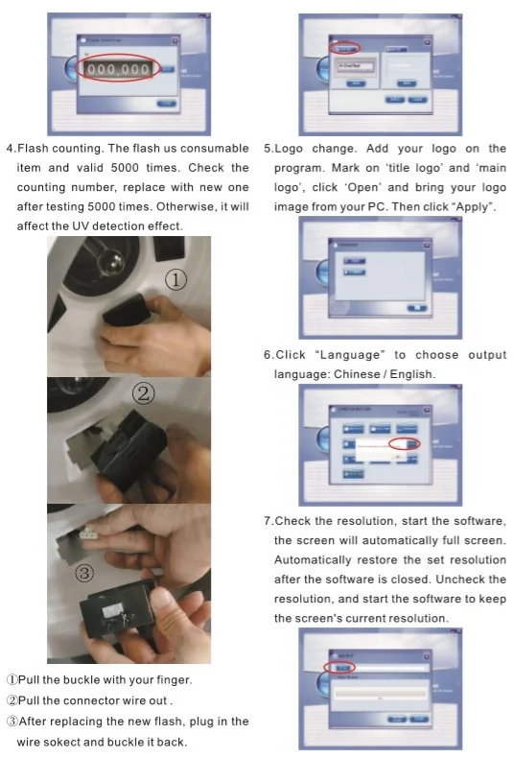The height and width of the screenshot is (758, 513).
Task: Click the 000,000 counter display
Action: coord(118,70)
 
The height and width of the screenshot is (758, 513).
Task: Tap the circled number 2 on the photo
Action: coord(141,395)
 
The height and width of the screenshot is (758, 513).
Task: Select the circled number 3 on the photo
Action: coord(85,574)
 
